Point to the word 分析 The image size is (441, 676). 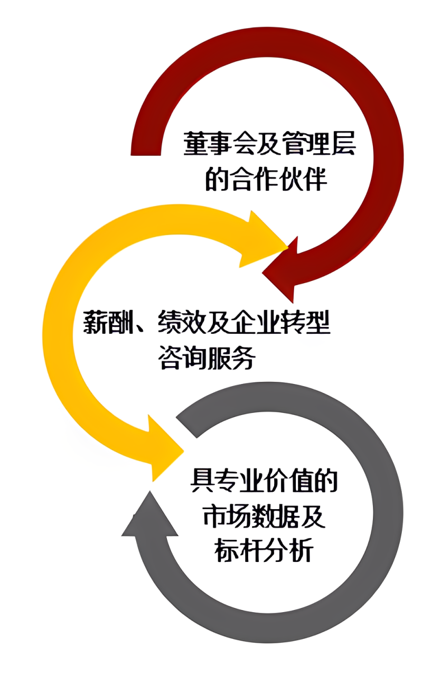(289, 551)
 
